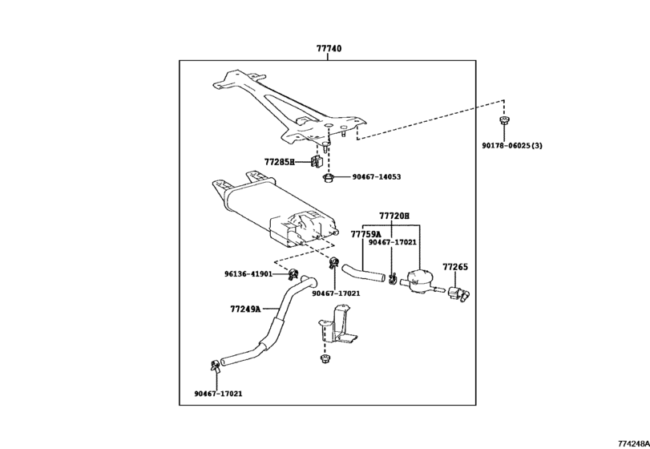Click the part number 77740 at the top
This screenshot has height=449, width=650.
[329, 49]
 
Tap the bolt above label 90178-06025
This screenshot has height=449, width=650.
[503, 121]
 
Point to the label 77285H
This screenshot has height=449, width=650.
[280, 162]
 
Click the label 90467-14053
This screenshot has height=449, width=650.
[376, 177]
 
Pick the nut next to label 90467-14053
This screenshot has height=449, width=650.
[328, 177]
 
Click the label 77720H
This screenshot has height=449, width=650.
[394, 216]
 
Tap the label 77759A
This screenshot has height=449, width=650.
[365, 234]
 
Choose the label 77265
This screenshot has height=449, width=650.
[454, 266]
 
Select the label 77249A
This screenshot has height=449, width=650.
[245, 308]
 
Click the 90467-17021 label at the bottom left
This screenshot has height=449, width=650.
[218, 394]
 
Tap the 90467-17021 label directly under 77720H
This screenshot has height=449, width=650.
[393, 241]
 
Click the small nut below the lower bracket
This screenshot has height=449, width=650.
[325, 362]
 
